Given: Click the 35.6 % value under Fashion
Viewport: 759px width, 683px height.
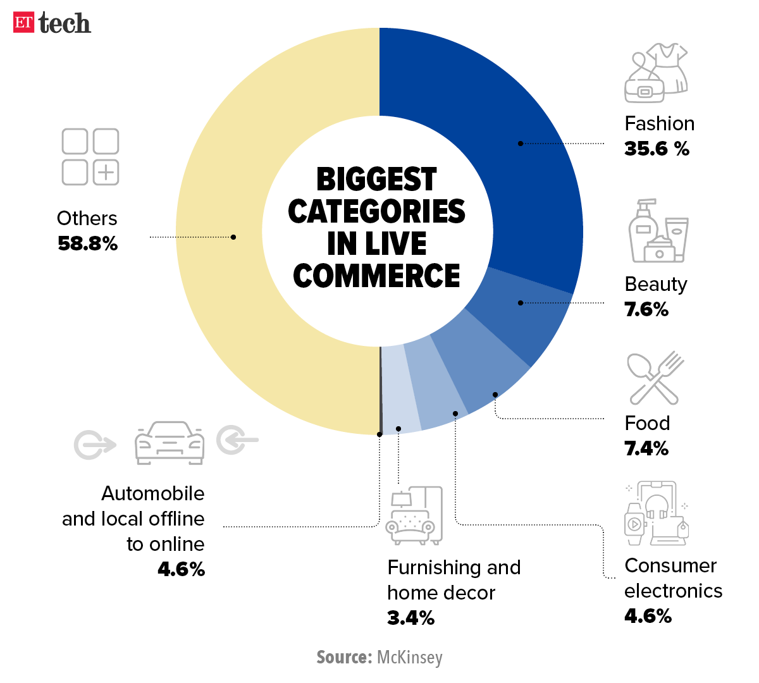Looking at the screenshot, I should pos(657,149).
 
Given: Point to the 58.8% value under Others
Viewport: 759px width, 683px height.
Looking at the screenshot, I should pos(87,243).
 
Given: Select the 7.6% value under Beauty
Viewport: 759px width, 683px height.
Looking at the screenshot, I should pos(646,309).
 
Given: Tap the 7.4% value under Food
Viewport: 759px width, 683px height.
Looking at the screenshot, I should pos(646,448).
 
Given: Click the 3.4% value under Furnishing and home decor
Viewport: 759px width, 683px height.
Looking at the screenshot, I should pos(410,618).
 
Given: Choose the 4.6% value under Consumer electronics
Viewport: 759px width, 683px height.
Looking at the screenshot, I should pos(648,616).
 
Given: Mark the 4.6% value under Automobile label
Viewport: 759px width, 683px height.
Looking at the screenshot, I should pos(181,569).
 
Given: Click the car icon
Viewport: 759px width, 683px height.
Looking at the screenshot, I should pos(169,443).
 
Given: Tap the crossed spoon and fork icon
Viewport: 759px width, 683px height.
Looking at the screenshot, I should pos(655,378).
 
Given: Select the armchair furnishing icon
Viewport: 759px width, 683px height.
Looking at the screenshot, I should pos(414,516).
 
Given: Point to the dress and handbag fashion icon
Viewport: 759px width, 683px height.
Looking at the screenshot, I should pos(655,73).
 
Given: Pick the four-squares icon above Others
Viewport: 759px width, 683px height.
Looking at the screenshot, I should pos(90,157).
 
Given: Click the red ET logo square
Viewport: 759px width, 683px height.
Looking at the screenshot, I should pos(23,22).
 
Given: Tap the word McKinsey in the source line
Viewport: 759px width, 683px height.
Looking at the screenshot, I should pos(409,658).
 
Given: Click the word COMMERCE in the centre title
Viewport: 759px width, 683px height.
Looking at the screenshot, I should pos(377,276).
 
